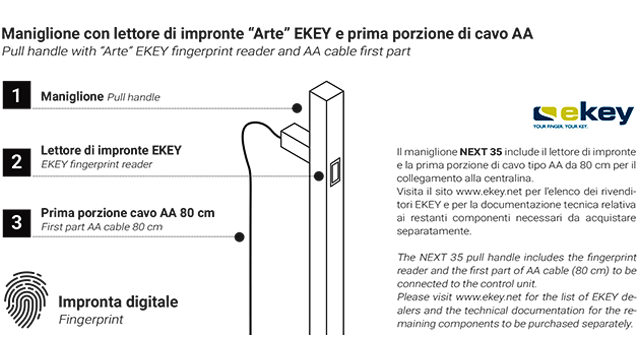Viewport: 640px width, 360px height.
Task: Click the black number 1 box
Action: pos(16,96)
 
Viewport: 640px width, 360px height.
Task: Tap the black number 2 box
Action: pos(16,159)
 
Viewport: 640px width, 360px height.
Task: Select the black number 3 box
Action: pos(16,221)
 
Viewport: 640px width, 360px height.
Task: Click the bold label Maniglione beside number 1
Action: pos(72,96)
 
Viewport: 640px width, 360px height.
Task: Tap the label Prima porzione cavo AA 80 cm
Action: pos(128,213)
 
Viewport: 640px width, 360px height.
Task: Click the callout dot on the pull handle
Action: pos(297,107)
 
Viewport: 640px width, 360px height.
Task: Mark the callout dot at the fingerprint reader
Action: pos(318,176)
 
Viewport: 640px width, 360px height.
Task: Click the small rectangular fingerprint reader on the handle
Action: pos(335,171)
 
